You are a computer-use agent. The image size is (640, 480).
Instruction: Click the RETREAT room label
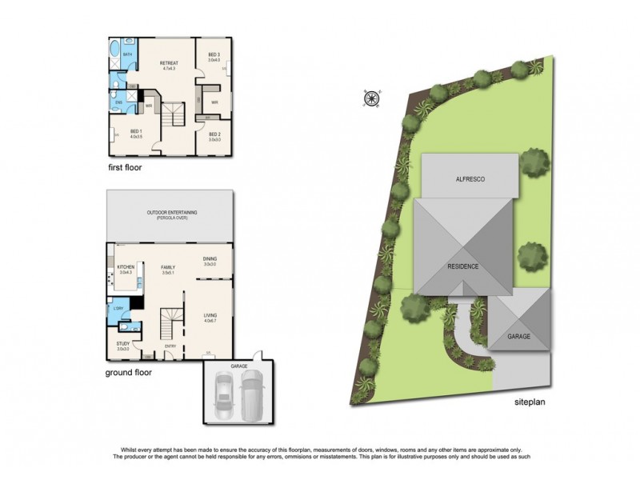tap(169, 62)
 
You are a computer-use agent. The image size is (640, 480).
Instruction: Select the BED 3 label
tap(214, 54)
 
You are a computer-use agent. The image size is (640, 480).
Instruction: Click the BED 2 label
tap(214, 134)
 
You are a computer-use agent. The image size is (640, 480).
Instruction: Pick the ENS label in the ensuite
tap(118, 102)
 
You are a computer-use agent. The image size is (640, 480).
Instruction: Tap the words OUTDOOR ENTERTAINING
tap(172, 212)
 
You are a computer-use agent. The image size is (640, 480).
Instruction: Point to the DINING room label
tap(209, 258)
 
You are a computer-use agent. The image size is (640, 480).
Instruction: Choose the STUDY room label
tap(122, 344)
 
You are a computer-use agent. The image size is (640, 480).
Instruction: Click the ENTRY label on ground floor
tap(170, 346)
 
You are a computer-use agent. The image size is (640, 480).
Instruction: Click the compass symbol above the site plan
tap(370, 98)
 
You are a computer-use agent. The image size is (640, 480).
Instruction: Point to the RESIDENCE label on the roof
tap(462, 266)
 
